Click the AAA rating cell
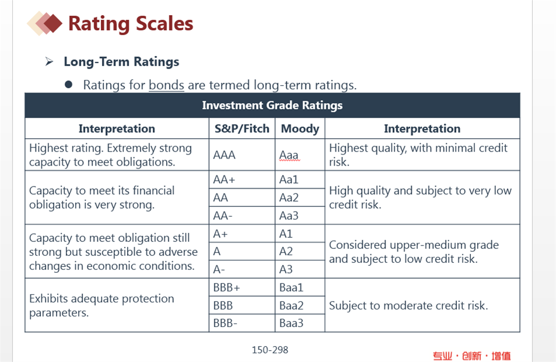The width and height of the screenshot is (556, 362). point(242,154)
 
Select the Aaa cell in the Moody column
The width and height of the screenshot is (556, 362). point(300,154)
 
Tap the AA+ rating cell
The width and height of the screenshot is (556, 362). point(242,180)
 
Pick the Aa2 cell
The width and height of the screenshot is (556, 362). point(300,198)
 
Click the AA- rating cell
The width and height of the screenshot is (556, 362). point(242,216)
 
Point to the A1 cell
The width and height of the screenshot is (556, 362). point(300,234)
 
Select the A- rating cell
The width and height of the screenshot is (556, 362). point(242,269)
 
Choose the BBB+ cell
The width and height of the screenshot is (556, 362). point(242,287)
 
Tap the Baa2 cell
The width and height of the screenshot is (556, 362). point(300,305)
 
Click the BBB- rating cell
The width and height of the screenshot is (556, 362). point(242,323)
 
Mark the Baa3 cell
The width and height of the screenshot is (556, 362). point(300,323)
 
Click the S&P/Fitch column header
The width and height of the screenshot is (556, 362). point(242,128)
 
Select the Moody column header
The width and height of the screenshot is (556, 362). point(300,128)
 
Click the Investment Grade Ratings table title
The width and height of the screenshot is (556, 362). point(272,106)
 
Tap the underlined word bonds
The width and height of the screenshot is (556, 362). point(166,85)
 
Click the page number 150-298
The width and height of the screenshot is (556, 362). point(270,350)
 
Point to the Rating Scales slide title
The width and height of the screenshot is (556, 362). point(131,24)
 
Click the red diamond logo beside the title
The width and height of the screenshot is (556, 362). point(45,23)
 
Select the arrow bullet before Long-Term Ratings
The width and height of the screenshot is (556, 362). point(50,62)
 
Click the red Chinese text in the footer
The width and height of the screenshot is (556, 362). point(471,356)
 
